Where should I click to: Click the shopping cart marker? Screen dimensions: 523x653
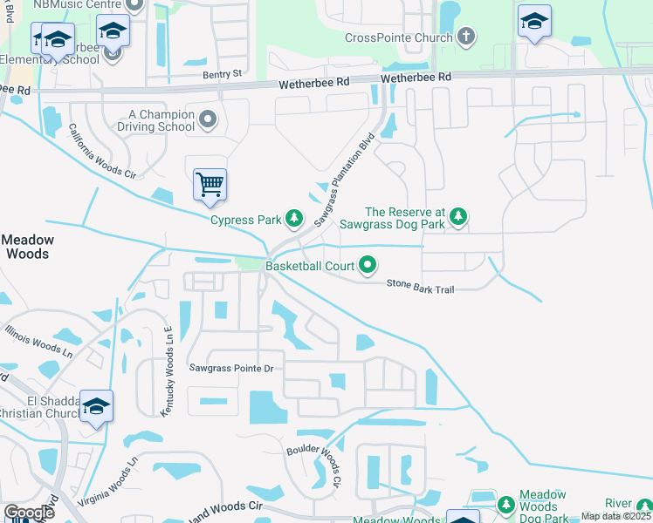point(210,185)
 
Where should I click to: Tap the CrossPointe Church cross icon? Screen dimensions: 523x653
point(467,37)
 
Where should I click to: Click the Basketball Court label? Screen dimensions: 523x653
point(310,265)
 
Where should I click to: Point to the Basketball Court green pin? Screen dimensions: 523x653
point(368,264)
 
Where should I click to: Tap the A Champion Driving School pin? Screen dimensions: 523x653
point(208,119)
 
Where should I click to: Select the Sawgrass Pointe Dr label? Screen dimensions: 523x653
point(231,369)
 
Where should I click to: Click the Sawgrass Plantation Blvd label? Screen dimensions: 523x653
point(343,179)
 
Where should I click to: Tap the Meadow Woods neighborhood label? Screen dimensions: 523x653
point(27,247)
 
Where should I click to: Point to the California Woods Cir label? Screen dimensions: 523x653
point(102,152)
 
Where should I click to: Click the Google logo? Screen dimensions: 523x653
point(29,513)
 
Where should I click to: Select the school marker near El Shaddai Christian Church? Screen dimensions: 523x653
point(97,406)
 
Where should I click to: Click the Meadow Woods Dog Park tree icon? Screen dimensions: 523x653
point(505,504)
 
